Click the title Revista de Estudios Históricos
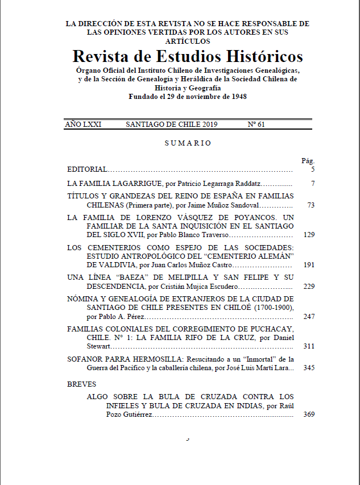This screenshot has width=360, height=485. pyautogui.click(x=188, y=57)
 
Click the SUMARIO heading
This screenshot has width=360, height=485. pyautogui.click(x=188, y=143)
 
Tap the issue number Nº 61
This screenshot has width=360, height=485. pyautogui.click(x=256, y=125)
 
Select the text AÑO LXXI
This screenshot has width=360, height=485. pyautogui.click(x=83, y=125)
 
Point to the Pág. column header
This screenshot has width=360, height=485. pyautogui.click(x=308, y=161)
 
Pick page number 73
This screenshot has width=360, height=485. pyautogui.click(x=311, y=205)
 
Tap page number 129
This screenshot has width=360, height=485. pyautogui.click(x=309, y=234)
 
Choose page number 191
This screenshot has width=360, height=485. pyautogui.click(x=309, y=264)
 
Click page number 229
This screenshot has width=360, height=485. pyautogui.click(x=309, y=286)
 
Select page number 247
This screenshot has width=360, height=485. pyautogui.click(x=309, y=316)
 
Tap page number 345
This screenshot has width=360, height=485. pyautogui.click(x=309, y=368)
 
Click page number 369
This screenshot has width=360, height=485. pyautogui.click(x=309, y=414)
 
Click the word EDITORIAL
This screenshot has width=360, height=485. pyautogui.click(x=87, y=169)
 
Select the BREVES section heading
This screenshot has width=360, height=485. pyautogui.click(x=82, y=384)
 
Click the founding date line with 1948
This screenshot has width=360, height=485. pyautogui.click(x=187, y=97)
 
